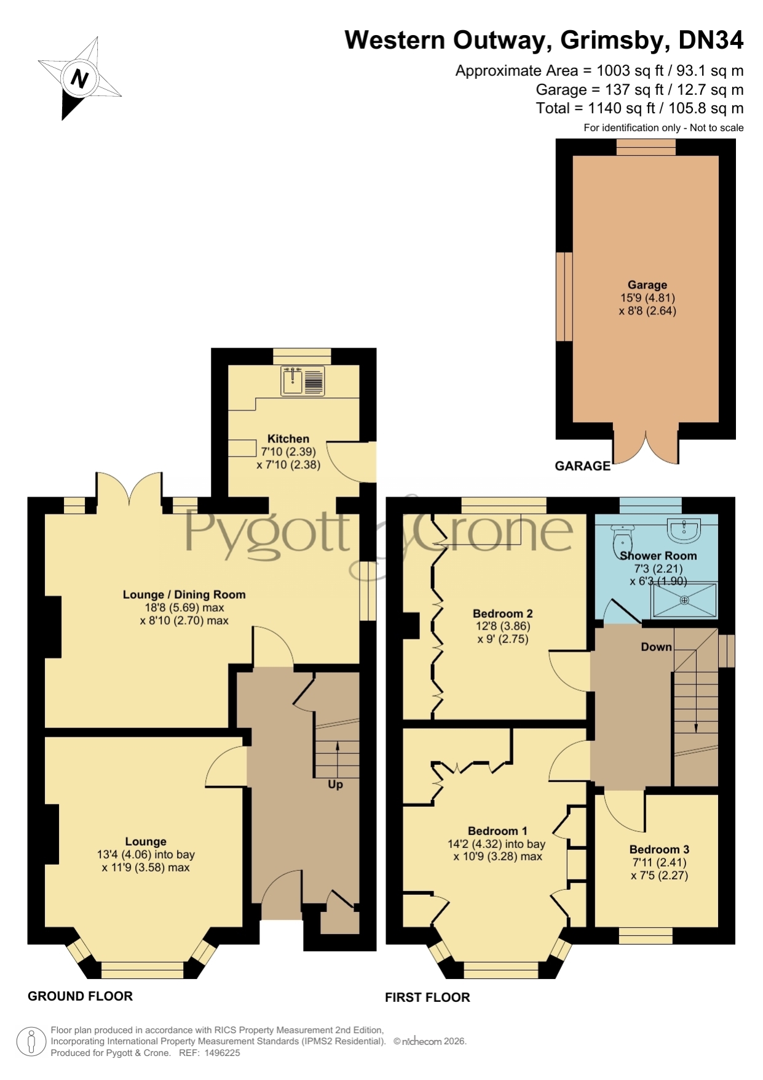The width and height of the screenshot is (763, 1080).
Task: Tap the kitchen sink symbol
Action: click(x=302, y=380)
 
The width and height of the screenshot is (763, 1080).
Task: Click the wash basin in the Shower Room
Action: click(x=684, y=530)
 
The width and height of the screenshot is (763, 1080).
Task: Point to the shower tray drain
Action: click(x=684, y=600)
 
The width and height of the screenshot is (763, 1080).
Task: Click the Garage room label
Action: click(x=647, y=284)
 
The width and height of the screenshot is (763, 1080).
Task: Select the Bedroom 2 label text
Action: click(x=502, y=614)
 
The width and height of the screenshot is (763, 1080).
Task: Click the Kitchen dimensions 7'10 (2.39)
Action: click(x=288, y=452)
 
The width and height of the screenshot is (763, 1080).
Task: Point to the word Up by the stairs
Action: click(x=335, y=785)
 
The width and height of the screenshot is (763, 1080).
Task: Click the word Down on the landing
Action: click(x=656, y=647)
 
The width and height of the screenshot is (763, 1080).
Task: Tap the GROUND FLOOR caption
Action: click(x=81, y=996)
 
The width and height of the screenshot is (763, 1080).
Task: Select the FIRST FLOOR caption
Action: click(x=427, y=998)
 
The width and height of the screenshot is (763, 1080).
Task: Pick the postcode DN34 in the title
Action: click(x=711, y=40)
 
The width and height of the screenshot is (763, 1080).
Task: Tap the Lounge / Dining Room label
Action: click(x=184, y=594)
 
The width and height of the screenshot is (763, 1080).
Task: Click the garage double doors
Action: click(x=646, y=445)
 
